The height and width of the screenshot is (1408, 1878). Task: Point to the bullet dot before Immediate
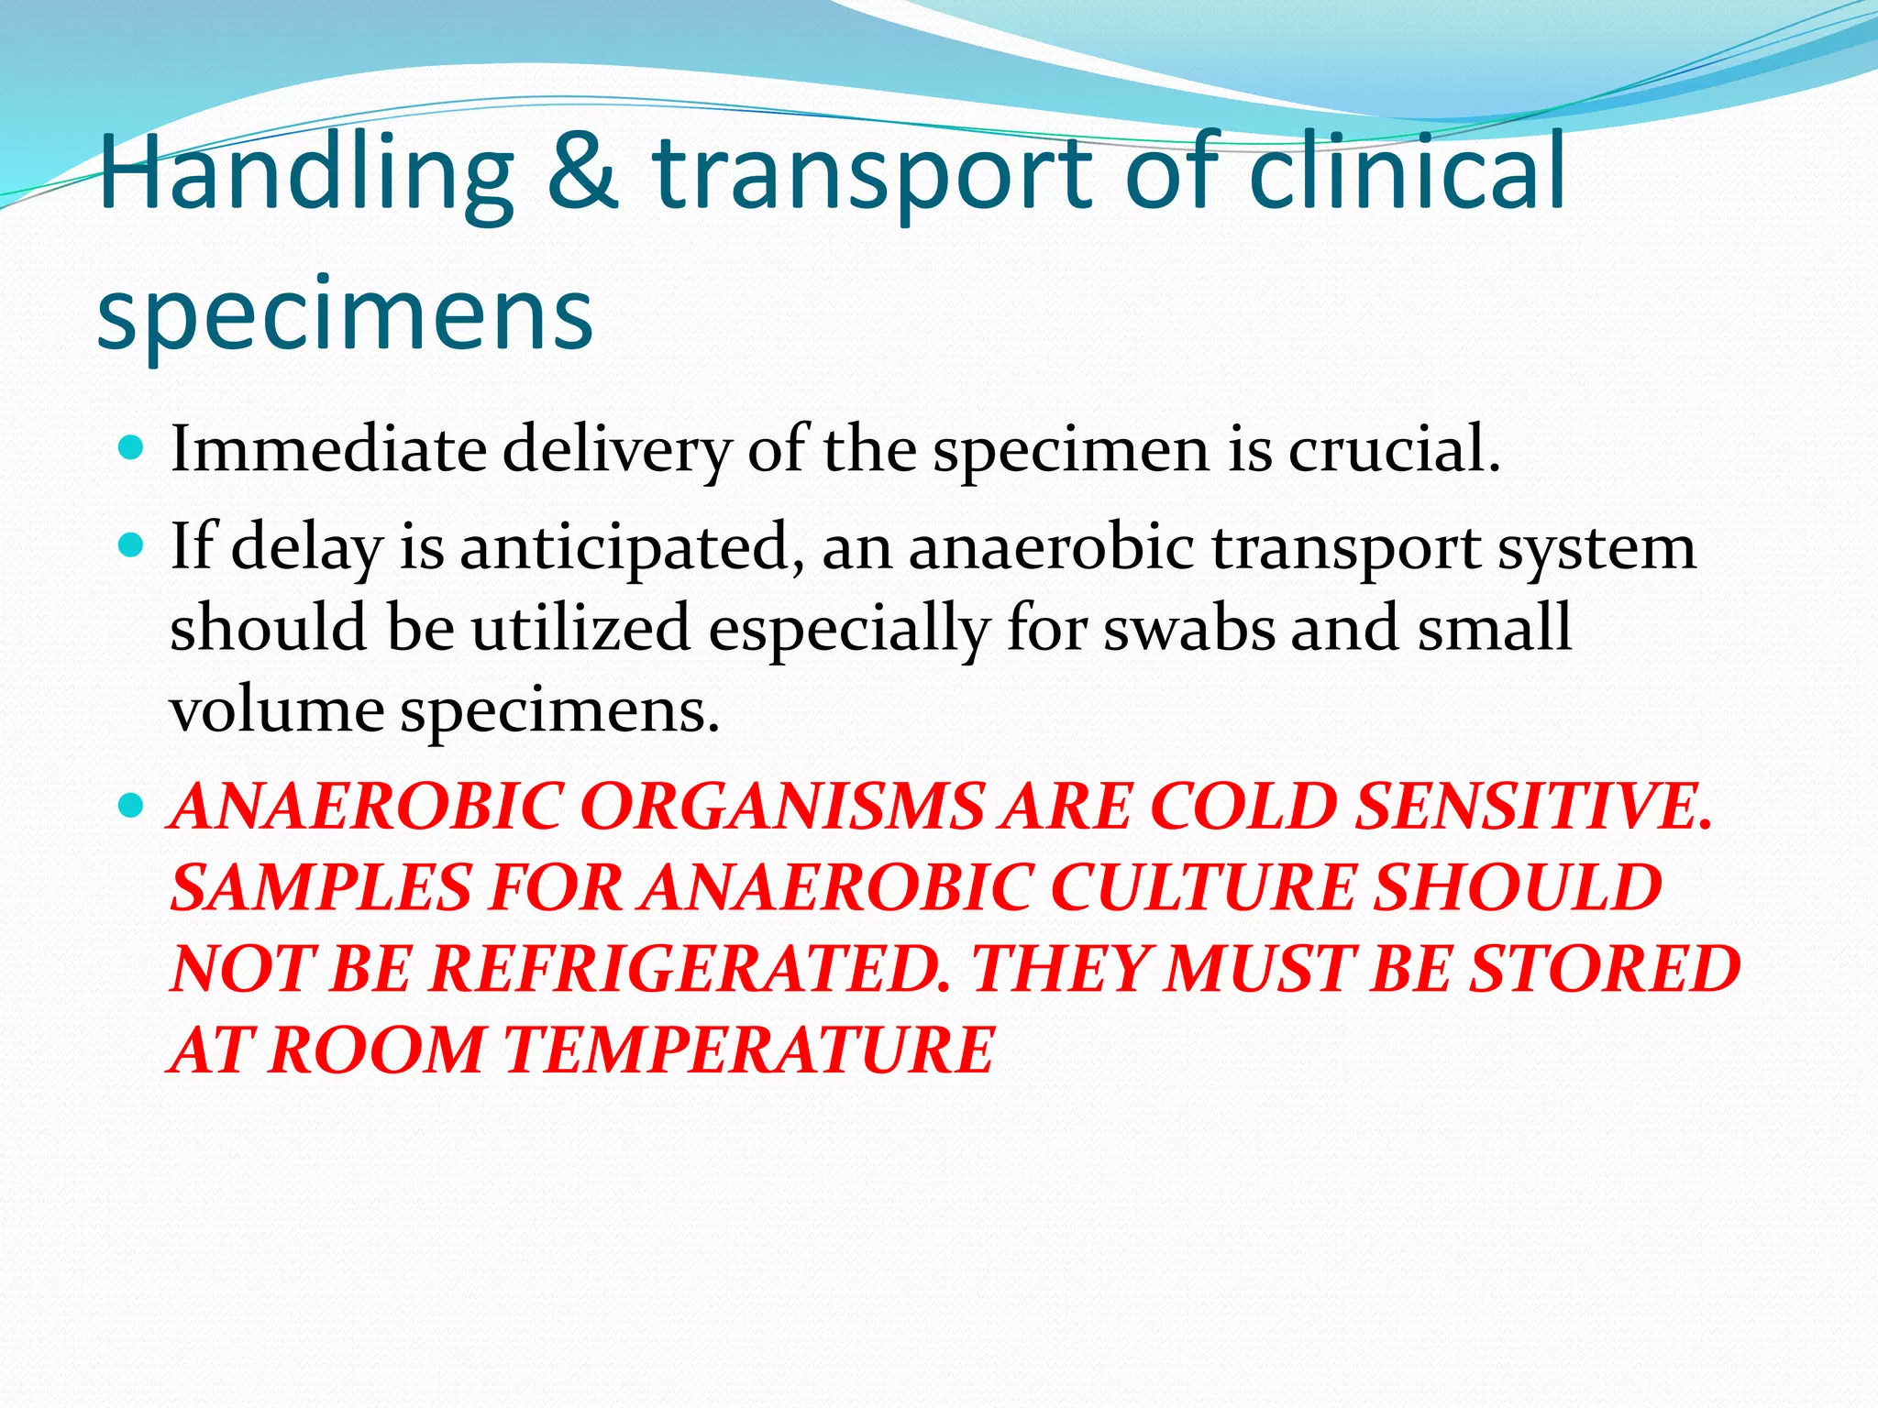[x=132, y=448]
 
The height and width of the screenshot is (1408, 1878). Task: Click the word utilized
[x=581, y=628]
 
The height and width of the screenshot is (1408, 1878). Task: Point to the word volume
[x=276, y=709]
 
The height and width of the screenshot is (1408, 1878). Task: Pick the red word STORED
[x=1605, y=969]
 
